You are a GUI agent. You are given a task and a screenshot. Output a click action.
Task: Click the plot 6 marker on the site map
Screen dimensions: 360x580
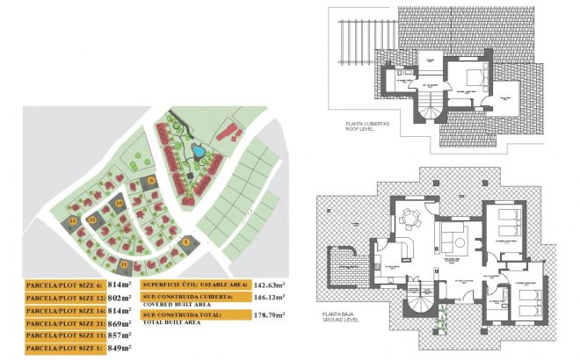[151, 180]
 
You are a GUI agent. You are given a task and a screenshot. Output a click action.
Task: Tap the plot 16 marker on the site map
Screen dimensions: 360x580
[119, 204]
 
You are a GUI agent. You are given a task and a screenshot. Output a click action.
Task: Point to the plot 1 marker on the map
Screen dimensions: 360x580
[185, 242]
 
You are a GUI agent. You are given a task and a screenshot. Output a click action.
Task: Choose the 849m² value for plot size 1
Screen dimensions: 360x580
[119, 349]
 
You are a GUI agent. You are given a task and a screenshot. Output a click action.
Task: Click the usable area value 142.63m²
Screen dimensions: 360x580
[274, 285]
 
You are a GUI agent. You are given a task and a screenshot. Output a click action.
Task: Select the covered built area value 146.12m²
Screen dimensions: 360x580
[274, 299]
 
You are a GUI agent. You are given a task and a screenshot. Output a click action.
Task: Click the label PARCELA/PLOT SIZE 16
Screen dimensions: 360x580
[64, 311]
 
